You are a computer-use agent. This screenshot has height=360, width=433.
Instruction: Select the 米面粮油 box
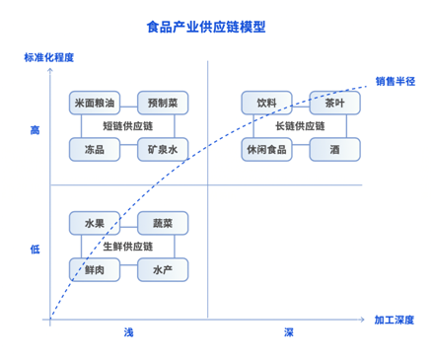coord(95,103)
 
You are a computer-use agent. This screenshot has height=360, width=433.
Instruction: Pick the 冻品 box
coord(95,150)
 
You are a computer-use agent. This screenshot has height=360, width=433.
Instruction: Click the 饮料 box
coord(267,103)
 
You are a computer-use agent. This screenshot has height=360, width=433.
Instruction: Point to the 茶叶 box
coord(334,103)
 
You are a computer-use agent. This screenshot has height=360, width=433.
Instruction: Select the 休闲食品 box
coord(267,150)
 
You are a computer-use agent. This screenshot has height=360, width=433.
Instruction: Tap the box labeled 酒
coord(334,150)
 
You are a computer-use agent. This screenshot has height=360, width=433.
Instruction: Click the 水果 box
coord(95,223)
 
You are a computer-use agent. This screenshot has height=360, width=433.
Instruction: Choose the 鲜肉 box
coord(95,269)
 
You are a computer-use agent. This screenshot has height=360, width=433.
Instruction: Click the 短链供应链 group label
coord(128,126)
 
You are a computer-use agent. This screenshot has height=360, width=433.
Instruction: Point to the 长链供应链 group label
coord(301,126)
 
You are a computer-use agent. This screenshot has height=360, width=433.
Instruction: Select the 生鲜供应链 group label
coord(128,247)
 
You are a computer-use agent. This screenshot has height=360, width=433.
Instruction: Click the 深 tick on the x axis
coord(289,333)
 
